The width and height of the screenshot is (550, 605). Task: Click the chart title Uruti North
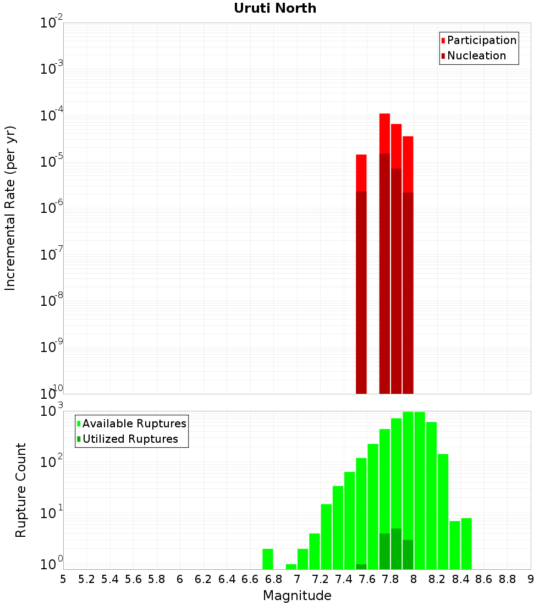tap(275, 8)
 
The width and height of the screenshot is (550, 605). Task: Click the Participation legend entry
tap(481, 40)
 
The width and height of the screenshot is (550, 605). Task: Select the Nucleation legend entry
tap(476, 56)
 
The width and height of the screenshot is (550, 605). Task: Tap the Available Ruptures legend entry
tap(134, 424)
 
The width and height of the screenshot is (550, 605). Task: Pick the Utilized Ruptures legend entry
tap(129, 439)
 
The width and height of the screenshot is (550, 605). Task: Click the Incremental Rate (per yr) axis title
tap(10, 208)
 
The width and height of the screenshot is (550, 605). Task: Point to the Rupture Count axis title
tap(21, 490)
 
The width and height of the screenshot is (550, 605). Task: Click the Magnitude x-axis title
tap(297, 596)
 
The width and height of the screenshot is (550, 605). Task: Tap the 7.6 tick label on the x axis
tap(367, 579)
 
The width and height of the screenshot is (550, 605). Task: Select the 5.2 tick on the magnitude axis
tap(86, 579)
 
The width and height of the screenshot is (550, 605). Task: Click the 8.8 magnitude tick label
tap(507, 579)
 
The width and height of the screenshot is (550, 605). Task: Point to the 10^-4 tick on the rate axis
tap(52, 116)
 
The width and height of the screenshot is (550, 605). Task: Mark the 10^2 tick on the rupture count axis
tap(52, 461)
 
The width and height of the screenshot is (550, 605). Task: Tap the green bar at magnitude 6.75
tap(268, 559)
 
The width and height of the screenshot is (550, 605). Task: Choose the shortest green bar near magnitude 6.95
tap(291, 566)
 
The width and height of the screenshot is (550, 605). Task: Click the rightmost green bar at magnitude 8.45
tap(466, 543)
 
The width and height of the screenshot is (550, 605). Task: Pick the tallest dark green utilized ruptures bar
tap(396, 548)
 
